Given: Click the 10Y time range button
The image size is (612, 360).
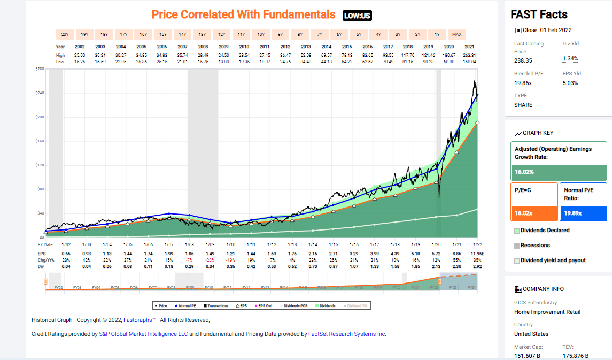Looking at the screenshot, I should click(x=261, y=34).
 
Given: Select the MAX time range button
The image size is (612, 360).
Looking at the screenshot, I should click(x=456, y=34).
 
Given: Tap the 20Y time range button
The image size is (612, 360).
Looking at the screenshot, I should click(x=65, y=34).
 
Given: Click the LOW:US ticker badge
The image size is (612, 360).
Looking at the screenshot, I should click(x=357, y=16).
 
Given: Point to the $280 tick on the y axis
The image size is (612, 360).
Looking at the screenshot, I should click(x=39, y=69).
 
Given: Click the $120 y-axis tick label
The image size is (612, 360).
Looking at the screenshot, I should click(x=39, y=165).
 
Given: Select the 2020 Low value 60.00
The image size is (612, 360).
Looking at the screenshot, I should click(x=449, y=62).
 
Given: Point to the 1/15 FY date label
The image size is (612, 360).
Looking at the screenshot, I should click(x=332, y=244).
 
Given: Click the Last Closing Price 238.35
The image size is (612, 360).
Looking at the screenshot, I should click(x=523, y=60).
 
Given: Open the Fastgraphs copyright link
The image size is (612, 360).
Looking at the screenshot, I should click(x=140, y=320).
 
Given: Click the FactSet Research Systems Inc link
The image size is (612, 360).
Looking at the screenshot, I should click(x=347, y=334).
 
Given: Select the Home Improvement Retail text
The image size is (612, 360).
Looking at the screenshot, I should click(x=547, y=312).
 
